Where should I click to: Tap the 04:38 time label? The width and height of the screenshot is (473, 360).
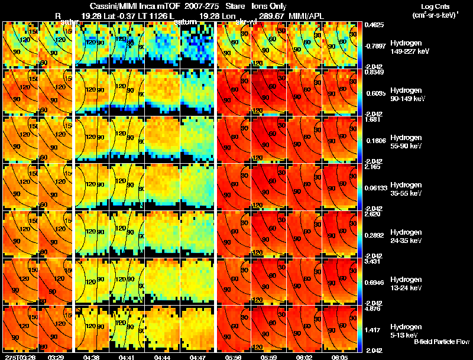point(92,357)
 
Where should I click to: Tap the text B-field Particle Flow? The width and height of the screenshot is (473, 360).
point(441,342)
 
